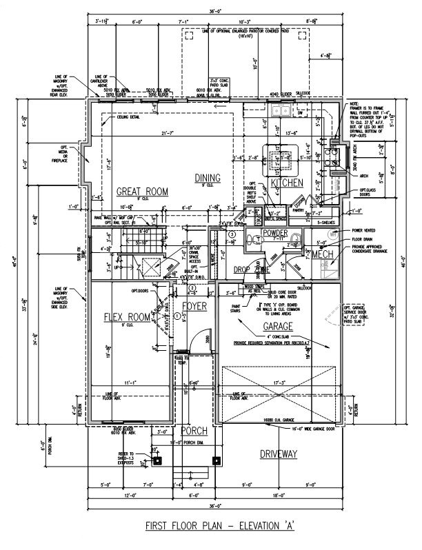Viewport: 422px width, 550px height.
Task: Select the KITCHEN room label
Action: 288,183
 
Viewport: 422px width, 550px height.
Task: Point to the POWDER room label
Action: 275,234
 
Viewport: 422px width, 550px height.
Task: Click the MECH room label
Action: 323,255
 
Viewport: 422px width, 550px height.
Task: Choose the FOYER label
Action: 194,305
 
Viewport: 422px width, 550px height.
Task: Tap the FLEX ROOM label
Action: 127,317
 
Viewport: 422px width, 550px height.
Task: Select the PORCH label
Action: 194,431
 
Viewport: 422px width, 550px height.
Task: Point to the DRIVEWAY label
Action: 279,454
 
